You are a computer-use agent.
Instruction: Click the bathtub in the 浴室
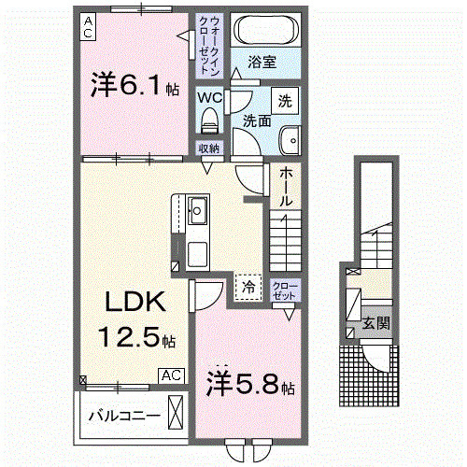click(264, 33)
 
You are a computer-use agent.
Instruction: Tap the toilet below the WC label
click(209, 119)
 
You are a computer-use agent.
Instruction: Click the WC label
click(208, 95)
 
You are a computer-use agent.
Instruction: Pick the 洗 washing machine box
click(284, 100)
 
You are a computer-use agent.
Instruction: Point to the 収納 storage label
click(207, 148)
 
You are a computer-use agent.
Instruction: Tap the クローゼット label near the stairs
click(284, 290)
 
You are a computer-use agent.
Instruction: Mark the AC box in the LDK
click(170, 375)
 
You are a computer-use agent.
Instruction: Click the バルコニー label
click(122, 414)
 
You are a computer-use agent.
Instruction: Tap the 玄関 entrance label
click(376, 324)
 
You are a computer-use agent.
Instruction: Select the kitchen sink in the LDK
click(199, 208)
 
